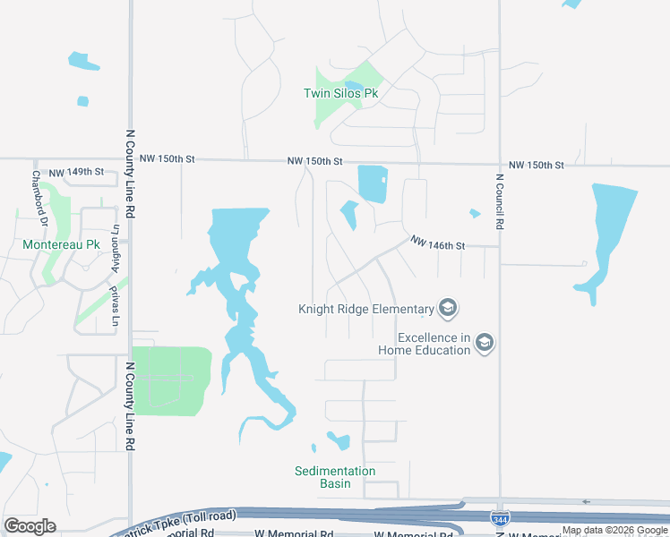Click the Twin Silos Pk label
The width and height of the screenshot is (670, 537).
[x=340, y=93]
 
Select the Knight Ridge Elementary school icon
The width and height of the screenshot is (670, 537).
[x=448, y=310]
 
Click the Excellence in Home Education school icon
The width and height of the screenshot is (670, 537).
[x=485, y=343]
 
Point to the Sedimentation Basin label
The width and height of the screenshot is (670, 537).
[x=335, y=477]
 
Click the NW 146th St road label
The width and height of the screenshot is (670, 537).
[x=439, y=243]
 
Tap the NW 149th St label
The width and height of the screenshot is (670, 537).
[x=76, y=171]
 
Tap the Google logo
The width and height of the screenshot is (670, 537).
[x=30, y=526]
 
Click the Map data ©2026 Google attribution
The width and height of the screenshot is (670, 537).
[x=615, y=530]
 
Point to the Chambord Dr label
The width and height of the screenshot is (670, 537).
[x=38, y=192]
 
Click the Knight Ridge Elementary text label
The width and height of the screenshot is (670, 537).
[x=365, y=310]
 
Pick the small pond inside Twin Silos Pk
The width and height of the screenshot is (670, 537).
[x=355, y=88]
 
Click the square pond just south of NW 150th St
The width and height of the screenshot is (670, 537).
[x=373, y=183]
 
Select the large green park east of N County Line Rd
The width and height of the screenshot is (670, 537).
[x=172, y=380]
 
